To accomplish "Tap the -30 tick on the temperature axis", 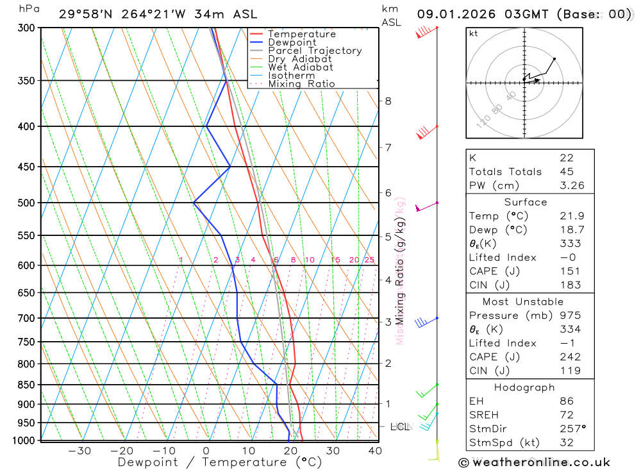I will [x=79, y=451].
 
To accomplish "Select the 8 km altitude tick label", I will [x=388, y=101].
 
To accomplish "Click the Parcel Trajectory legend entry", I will [x=314, y=51].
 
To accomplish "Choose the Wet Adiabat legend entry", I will [x=300, y=67].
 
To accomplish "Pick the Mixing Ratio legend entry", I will [x=301, y=84].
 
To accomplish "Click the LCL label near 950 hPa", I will [x=399, y=426].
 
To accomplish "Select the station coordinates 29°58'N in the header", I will [x=83, y=14].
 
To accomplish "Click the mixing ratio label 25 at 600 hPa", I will [x=369, y=260].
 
